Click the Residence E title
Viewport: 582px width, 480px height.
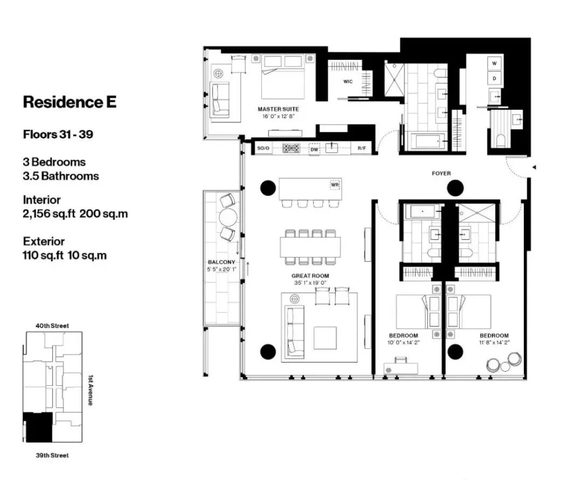click(x=69, y=102)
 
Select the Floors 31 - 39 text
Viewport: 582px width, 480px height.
click(x=58, y=134)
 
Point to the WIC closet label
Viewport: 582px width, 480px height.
click(x=348, y=82)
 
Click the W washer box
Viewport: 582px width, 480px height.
click(x=495, y=63)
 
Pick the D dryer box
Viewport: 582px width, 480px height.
click(x=495, y=77)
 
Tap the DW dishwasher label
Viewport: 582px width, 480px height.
click(x=314, y=148)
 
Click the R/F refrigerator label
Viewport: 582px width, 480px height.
click(x=362, y=149)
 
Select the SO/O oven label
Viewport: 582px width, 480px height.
click(x=263, y=149)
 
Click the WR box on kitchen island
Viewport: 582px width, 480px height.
click(x=335, y=185)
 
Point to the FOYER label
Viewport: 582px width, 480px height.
click(x=441, y=173)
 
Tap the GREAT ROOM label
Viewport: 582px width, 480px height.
click(x=310, y=276)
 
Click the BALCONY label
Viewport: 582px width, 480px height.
click(x=222, y=262)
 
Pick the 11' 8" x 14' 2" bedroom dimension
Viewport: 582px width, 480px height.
click(x=495, y=343)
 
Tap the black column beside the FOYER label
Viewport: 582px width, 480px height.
click(x=455, y=188)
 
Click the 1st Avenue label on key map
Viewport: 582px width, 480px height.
click(x=90, y=389)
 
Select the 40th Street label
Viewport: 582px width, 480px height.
click(x=52, y=326)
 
